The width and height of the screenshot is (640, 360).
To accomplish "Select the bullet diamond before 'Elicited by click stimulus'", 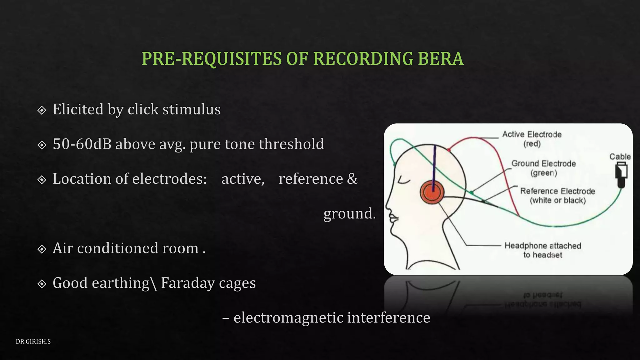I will point(42,110).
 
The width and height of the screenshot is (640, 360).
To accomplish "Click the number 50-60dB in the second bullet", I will point(82,144).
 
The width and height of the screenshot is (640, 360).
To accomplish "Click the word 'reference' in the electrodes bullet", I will point(311,179).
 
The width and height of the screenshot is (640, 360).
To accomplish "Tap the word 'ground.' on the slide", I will point(349,214).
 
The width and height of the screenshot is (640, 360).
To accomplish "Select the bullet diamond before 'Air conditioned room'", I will point(42,249).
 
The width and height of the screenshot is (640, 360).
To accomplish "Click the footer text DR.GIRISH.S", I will point(33,342).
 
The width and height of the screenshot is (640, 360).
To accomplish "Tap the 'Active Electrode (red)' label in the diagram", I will point(532,139).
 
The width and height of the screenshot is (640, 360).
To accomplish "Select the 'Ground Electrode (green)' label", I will point(543,168).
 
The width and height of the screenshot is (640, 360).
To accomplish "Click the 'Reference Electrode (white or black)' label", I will point(557,195).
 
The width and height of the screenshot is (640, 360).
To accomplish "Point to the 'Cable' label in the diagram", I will point(620,157).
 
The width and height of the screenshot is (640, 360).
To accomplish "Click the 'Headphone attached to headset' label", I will point(543,250).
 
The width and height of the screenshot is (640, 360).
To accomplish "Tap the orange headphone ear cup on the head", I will point(432,193).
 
